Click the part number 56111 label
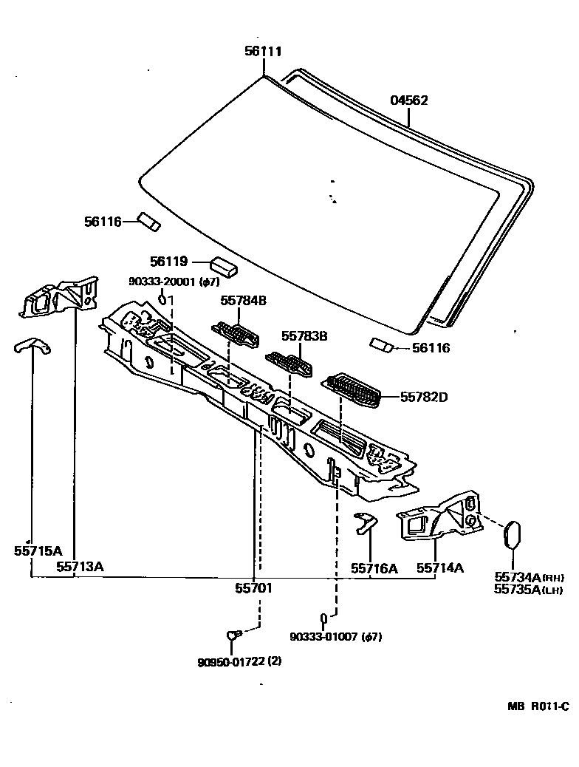[264, 52]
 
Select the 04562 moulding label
[408, 100]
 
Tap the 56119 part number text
[169, 262]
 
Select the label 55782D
[424, 398]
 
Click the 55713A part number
[80, 567]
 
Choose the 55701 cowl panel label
[254, 588]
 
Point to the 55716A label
[374, 568]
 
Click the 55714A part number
[440, 567]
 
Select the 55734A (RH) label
[528, 577]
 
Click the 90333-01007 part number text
[335, 637]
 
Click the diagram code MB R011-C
[538, 706]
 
